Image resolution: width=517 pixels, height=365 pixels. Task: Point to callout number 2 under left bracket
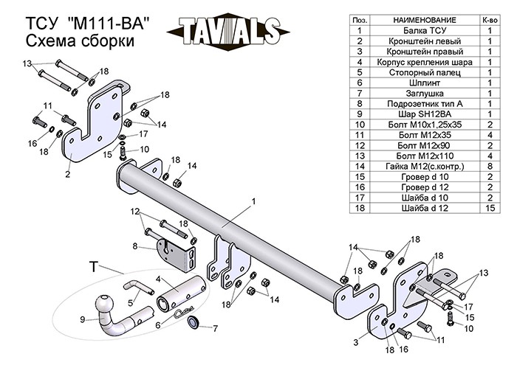[x=67, y=175]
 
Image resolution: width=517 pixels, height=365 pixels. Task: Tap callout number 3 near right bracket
[x=357, y=341]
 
